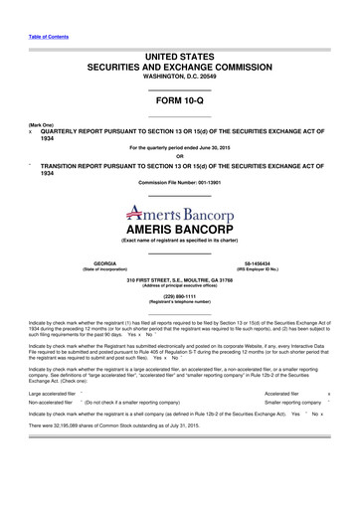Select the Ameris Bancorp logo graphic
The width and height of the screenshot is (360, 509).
pyautogui.click(x=179, y=212)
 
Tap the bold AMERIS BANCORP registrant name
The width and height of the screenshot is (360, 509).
pyautogui.click(x=179, y=228)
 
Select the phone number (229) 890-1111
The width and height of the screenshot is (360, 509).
pyautogui.click(x=179, y=296)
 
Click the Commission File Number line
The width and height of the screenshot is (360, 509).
pyautogui.click(x=179, y=184)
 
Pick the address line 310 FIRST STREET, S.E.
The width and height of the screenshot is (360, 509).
pyautogui.click(x=179, y=280)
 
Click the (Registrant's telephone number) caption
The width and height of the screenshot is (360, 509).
pyautogui.click(x=179, y=302)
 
